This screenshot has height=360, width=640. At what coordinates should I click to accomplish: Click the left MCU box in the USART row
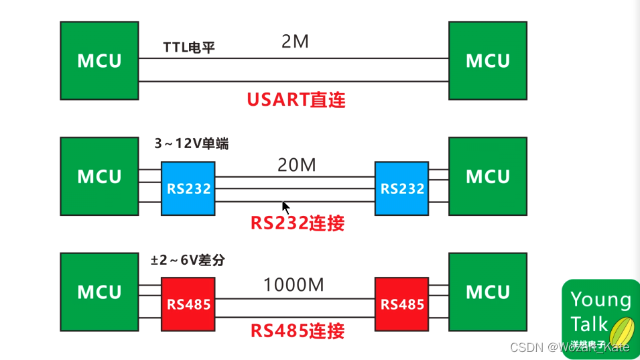pos(99,60)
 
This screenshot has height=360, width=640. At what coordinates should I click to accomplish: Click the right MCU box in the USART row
pos(487,60)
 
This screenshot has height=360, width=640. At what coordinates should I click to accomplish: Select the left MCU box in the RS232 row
pos(99,176)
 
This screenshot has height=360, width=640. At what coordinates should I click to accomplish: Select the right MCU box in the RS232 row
pos(487,176)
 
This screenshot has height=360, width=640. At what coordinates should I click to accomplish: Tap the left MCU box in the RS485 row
pos(99,292)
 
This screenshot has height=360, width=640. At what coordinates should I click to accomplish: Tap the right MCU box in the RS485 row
pos(487,292)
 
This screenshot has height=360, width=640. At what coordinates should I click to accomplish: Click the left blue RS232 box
pos(188,188)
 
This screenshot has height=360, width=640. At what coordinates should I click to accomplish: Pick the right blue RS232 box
pos(402,188)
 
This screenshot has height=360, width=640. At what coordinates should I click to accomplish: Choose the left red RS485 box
pos(188,304)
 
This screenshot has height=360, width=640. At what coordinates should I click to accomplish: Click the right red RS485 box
pos(402,304)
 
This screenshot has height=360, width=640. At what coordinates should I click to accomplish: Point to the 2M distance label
pos(295,42)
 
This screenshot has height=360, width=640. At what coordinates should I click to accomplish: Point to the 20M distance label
pos(296,165)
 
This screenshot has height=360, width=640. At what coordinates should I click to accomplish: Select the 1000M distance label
pos(294,285)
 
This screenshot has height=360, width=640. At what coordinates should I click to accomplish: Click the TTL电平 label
pos(189,48)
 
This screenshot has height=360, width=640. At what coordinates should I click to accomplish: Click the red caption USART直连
pos(296,100)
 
